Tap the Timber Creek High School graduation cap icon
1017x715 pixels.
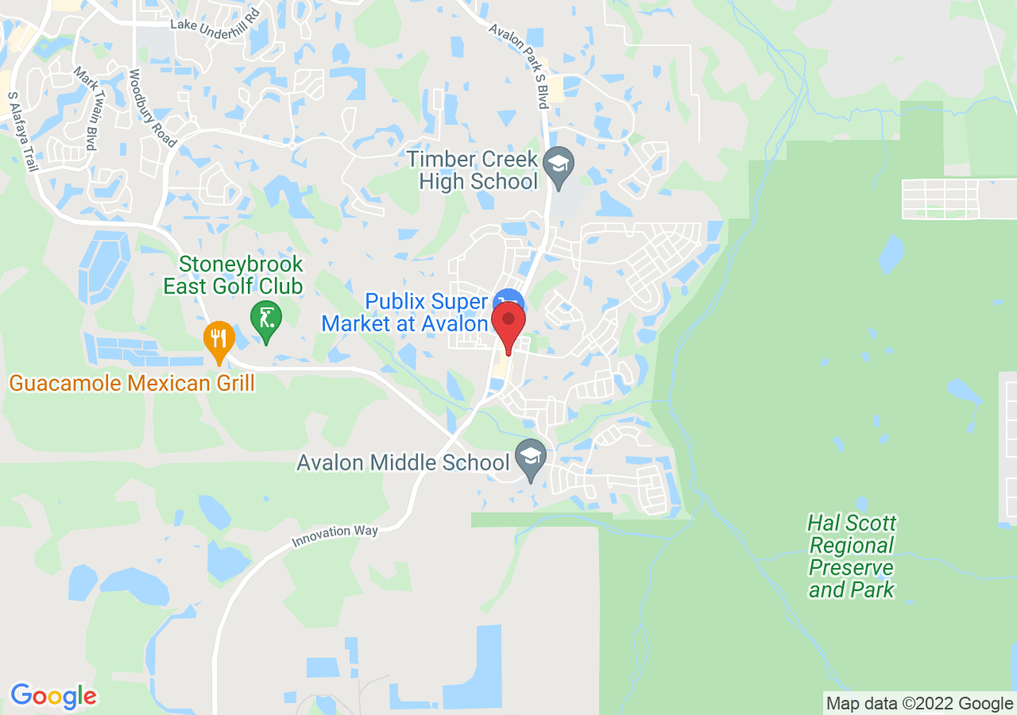click(x=559, y=165)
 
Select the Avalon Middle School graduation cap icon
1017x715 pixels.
click(x=530, y=457)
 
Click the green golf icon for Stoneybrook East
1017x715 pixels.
click(x=265, y=319)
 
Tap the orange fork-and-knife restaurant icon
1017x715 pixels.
click(x=218, y=339)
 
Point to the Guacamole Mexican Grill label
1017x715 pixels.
click(x=132, y=384)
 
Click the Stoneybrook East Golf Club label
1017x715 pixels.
click(x=233, y=275)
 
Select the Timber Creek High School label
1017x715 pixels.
click(x=472, y=170)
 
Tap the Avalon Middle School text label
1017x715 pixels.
click(x=403, y=462)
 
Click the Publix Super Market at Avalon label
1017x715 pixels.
click(x=404, y=313)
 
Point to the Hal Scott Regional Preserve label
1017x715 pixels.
click(x=852, y=556)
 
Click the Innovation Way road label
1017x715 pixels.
click(x=334, y=536)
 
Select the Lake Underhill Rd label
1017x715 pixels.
click(x=215, y=25)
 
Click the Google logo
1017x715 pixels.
click(x=53, y=697)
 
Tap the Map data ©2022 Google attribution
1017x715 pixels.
click(x=919, y=703)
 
